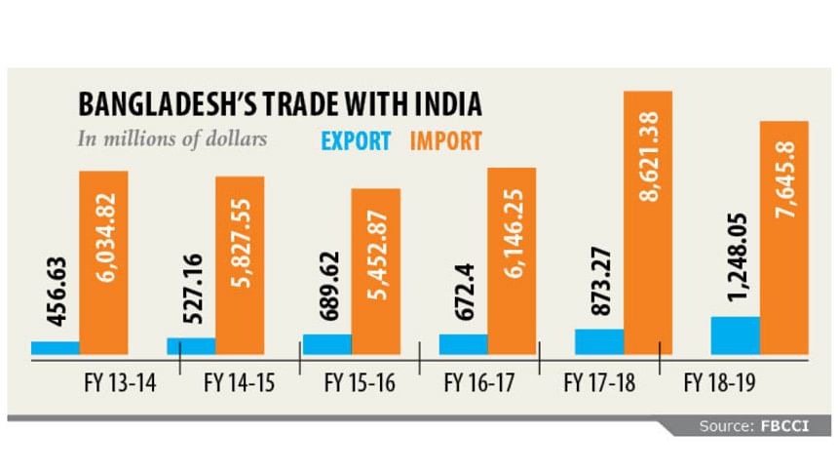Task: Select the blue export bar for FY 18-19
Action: tap(735, 335)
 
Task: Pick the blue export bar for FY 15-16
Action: tap(326, 344)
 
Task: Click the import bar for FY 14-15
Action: tap(240, 265)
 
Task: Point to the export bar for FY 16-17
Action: tap(463, 344)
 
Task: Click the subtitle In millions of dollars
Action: tap(171, 138)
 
